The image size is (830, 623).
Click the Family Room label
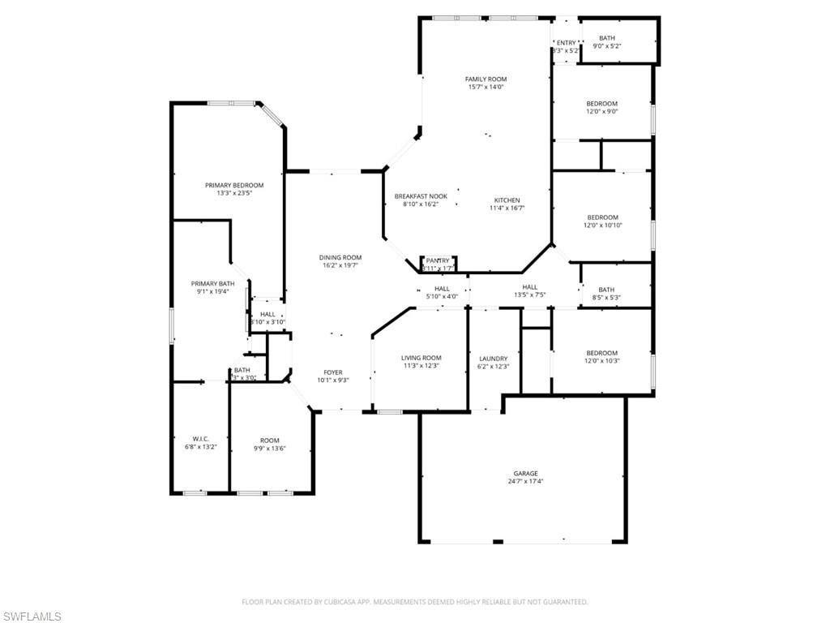tap(486, 79)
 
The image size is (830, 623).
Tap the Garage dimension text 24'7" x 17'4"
tap(525, 481)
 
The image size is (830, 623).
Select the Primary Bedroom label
tap(233, 185)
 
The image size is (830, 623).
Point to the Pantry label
tap(438, 260)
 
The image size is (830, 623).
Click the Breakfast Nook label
tap(421, 196)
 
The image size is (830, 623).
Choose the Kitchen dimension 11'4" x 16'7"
tap(507, 208)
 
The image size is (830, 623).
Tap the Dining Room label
tap(340, 257)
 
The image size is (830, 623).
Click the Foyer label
tap(332, 372)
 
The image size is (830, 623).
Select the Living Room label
tap(421, 358)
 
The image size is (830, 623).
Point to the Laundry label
tap(493, 359)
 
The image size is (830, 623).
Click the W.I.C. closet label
tap(201, 439)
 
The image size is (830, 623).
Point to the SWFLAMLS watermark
tap(32, 617)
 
